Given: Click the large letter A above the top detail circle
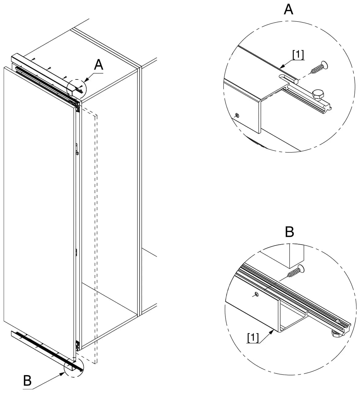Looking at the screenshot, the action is click(x=288, y=9).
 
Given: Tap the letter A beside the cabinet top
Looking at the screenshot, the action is click(x=98, y=65).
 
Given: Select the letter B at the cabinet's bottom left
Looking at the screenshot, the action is click(x=27, y=380).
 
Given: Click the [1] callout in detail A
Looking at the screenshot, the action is click(x=298, y=55).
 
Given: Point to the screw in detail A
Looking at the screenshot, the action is click(x=319, y=67).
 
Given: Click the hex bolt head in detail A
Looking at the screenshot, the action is click(x=318, y=94).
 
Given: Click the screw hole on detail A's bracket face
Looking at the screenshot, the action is click(x=237, y=115).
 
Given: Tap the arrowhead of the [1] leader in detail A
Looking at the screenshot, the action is click(x=281, y=67).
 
